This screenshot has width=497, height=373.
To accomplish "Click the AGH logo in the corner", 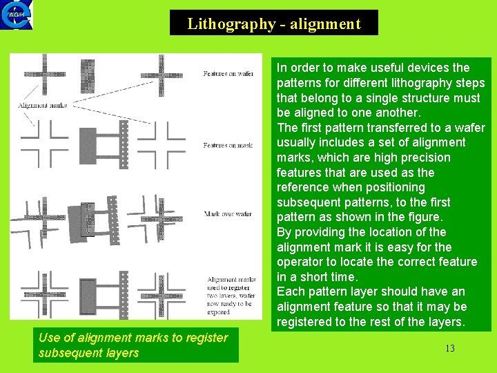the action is tap(17, 15).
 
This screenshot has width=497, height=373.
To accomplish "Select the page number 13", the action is tap(450, 348).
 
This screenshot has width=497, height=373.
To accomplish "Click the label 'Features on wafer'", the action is tap(228, 74).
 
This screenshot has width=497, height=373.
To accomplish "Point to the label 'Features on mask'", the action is tap(228, 146).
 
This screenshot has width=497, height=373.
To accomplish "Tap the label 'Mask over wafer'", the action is tap(228, 214).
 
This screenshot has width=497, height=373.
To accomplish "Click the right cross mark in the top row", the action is tap(162, 73).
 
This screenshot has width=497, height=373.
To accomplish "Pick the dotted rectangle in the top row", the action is tap(87, 74).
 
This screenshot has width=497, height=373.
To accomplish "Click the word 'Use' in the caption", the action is tap(50, 338).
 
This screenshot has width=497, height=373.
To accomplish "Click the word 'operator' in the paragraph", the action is tap(298, 262).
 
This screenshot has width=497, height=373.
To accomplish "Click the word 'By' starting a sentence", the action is tap(284, 232).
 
